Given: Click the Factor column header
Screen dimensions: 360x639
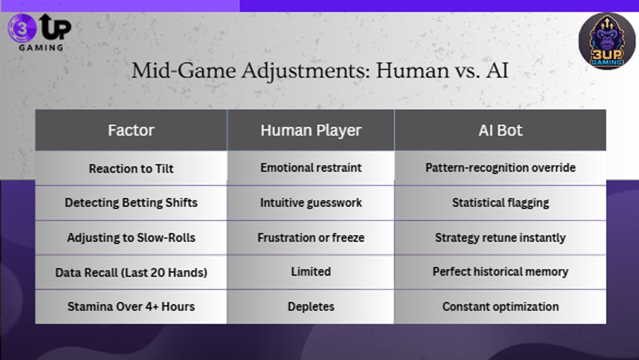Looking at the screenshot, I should point(131,130).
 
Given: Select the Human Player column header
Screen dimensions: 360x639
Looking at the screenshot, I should point(311,130).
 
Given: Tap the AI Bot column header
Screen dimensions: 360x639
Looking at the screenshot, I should point(501,130).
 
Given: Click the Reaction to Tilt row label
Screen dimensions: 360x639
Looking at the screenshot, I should point(131,169).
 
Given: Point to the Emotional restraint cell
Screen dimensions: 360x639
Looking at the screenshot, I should point(311,168).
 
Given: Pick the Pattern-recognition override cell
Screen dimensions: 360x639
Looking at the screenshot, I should point(501,168).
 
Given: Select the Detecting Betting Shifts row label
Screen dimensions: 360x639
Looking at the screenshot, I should point(131,203).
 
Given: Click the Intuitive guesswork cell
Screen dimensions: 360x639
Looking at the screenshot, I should point(311,203).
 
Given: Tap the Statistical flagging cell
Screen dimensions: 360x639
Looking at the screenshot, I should point(501,203).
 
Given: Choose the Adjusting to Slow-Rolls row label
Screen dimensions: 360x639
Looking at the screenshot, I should point(131,238).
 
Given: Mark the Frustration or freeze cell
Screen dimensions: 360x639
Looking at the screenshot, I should point(311,238).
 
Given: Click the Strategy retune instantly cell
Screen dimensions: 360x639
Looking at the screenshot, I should point(501,238).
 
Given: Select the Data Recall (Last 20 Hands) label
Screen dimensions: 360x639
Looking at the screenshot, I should point(131,272).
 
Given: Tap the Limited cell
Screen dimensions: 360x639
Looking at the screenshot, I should point(311,272).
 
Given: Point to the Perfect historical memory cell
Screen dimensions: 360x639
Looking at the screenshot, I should point(501,272).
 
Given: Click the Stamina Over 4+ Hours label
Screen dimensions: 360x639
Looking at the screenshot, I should point(131,307).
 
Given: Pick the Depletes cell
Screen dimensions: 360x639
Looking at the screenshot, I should point(311,307).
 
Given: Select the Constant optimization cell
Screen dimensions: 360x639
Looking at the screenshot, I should point(501,307).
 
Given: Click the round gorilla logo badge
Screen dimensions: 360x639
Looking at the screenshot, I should point(607,41).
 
